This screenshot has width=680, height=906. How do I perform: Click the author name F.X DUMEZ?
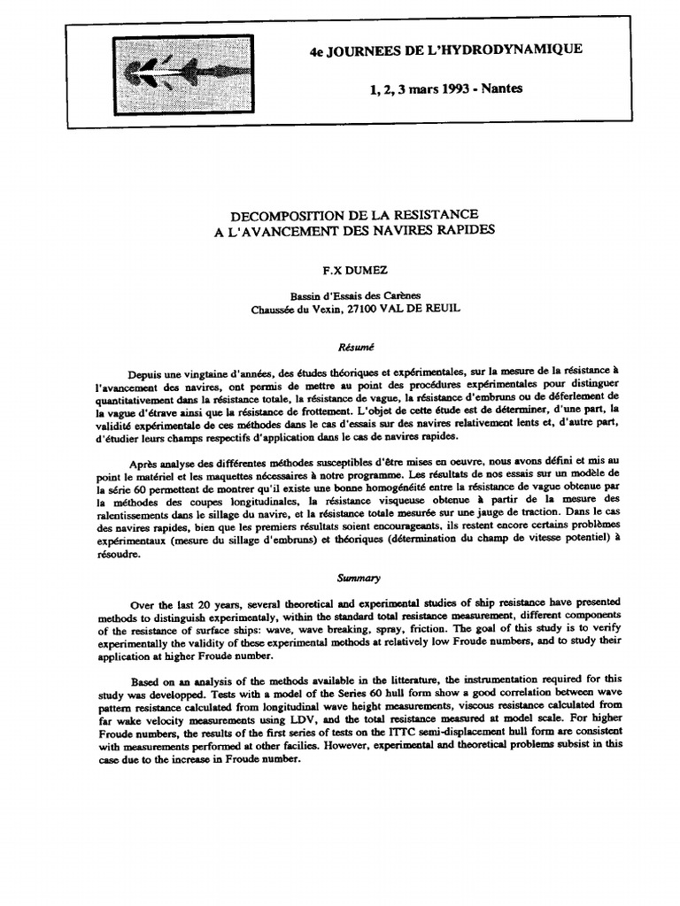[341, 265]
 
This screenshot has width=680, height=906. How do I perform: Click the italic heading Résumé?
[342, 347]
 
